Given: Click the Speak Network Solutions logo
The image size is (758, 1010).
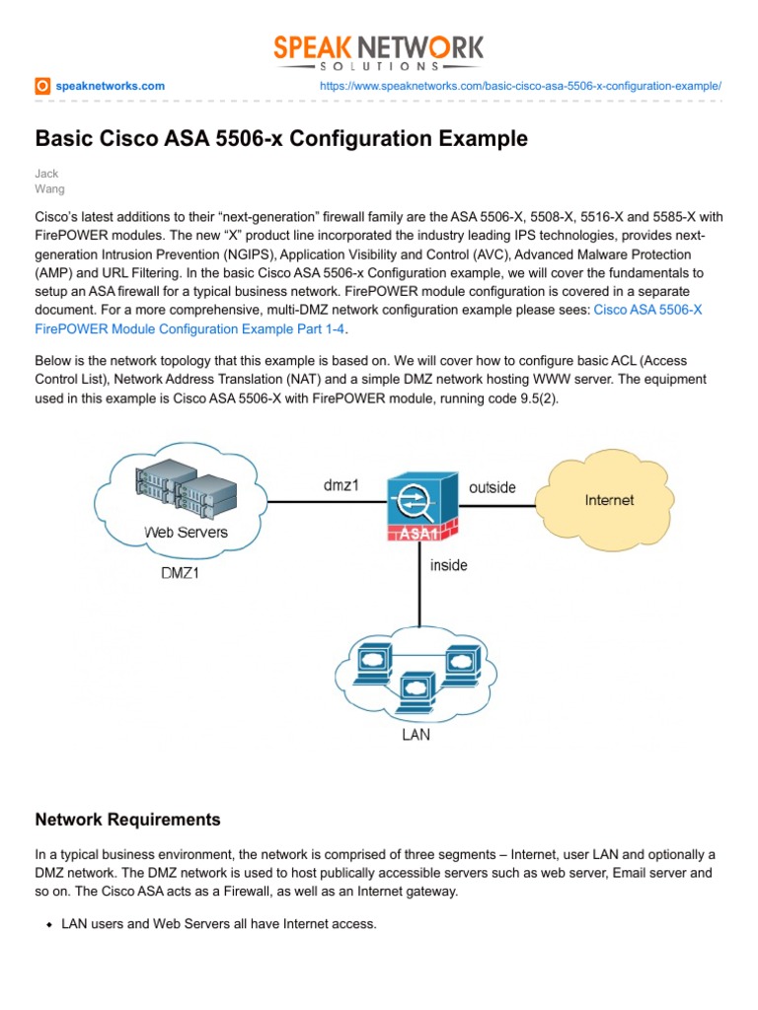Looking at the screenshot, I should (379, 51).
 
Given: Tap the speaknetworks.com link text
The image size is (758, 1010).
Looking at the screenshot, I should (111, 87).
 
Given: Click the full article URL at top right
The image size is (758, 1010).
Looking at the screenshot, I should (521, 87).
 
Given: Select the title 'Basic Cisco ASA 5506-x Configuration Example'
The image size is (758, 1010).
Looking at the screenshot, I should (281, 139).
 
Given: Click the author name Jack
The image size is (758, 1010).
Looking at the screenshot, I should (47, 173).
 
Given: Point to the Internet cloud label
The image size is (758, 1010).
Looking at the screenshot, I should (609, 500).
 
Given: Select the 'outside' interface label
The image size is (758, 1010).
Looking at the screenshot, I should (492, 487).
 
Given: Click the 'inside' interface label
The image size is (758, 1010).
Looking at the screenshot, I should (448, 565).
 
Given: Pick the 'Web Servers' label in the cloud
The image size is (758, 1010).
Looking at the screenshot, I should (186, 533).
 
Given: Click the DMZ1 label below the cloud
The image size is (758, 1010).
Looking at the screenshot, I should (180, 572).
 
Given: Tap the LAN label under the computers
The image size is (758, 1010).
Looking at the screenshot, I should (415, 735).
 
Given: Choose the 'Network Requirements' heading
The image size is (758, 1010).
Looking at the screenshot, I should (128, 820).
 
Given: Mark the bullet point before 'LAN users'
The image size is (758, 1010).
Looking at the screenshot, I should (48, 924).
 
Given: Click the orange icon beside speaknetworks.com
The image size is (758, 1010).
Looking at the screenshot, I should (42, 87).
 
